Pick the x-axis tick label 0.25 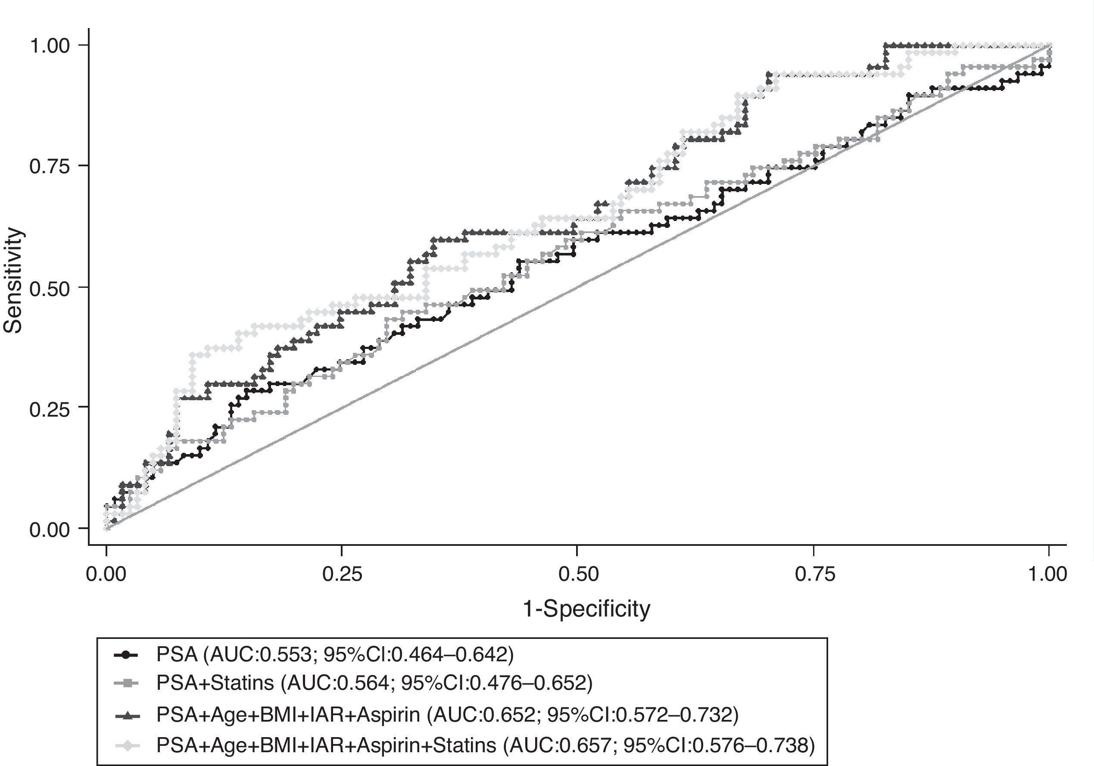click(342, 574)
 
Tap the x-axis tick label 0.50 click(578, 574)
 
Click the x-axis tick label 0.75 click(814, 574)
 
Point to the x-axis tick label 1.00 click(1047, 574)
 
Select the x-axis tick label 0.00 click(106, 574)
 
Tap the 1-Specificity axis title click(586, 609)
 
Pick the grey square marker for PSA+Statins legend click(126, 684)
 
